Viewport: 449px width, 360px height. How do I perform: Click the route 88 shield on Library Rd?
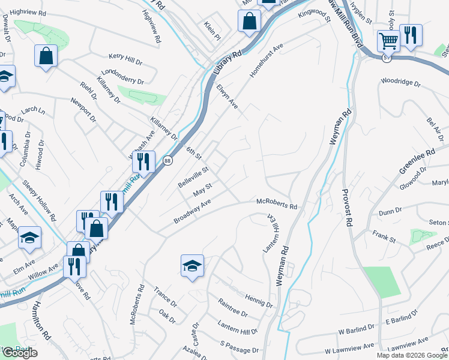pyautogui.click(x=167, y=160)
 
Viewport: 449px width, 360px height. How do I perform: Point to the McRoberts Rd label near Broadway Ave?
pyautogui.click(x=277, y=204)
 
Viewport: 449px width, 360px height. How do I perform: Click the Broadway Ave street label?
pyautogui.click(x=193, y=212)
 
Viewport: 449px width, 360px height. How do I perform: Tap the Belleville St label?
pyautogui.click(x=193, y=178)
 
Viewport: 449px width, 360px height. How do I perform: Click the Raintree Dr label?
pyautogui.click(x=233, y=308)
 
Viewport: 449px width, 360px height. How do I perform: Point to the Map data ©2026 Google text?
pyautogui.click(x=411, y=355)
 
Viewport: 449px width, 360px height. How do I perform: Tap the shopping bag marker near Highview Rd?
pyautogui.click(x=46, y=57)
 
